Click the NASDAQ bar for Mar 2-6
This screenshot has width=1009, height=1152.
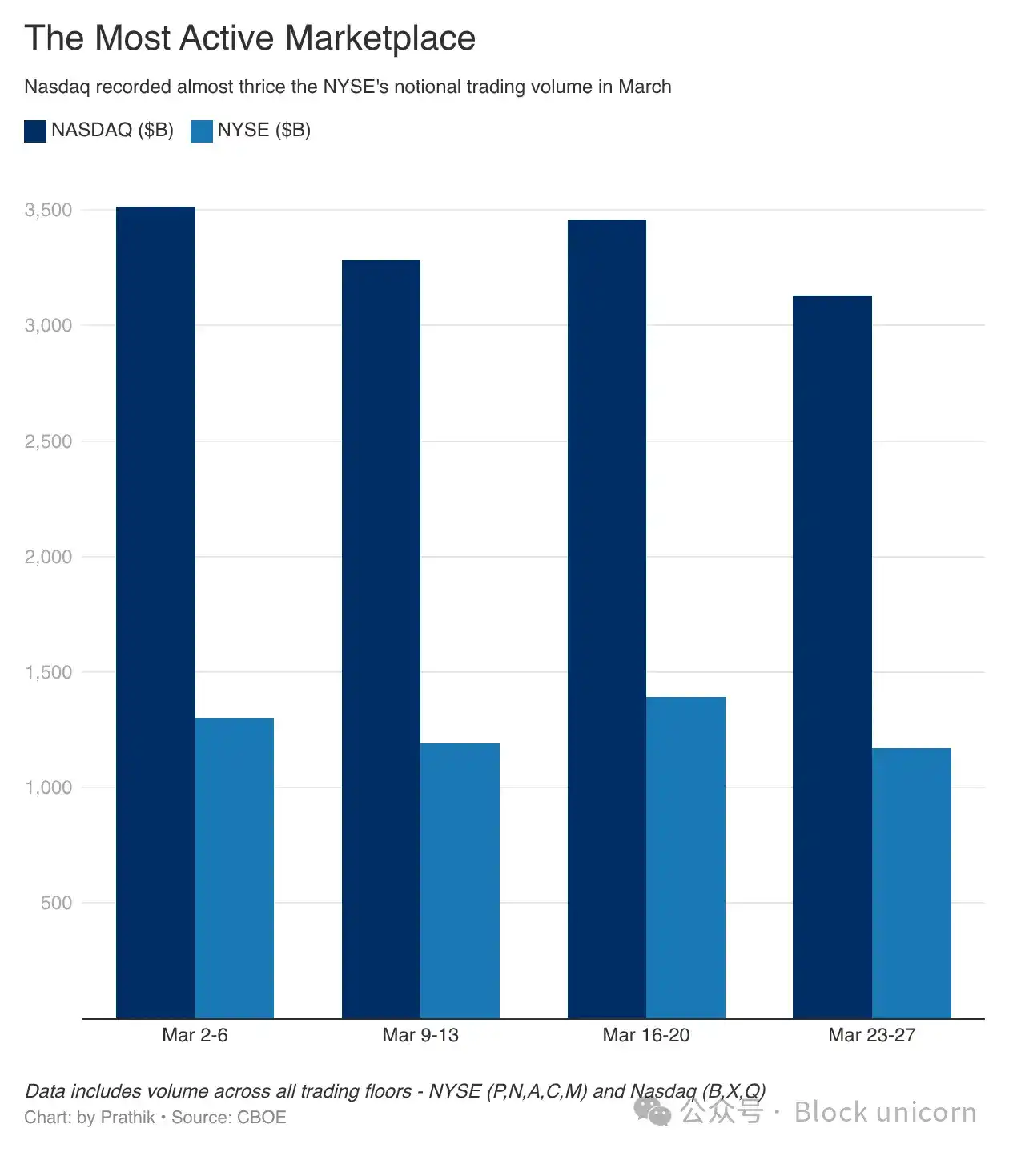(155, 613)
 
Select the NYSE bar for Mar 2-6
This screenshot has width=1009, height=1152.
(235, 868)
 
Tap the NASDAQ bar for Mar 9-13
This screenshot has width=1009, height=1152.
(381, 639)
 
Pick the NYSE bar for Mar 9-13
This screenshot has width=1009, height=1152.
(460, 880)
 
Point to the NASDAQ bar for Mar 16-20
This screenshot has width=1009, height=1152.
(607, 618)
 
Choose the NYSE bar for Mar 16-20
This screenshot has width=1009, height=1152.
(685, 857)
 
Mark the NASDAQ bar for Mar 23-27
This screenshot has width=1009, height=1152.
(832, 657)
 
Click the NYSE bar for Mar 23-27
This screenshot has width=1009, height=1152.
(911, 883)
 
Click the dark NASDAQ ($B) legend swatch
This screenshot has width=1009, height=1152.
(35, 131)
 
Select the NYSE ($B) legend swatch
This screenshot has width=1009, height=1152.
(202, 131)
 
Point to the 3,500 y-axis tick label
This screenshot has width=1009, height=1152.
(48, 210)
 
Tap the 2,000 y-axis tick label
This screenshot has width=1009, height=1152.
(48, 557)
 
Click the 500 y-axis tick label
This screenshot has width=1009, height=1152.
(56, 903)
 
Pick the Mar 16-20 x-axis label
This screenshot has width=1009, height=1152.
(645, 1035)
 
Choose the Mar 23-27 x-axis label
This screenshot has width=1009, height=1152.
(871, 1035)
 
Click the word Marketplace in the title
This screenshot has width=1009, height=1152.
(380, 38)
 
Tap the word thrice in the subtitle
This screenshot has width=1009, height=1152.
(262, 87)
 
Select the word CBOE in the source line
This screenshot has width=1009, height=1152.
(261, 1118)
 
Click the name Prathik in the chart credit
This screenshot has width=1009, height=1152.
(128, 1118)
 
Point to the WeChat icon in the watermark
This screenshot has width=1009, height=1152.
(653, 1112)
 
